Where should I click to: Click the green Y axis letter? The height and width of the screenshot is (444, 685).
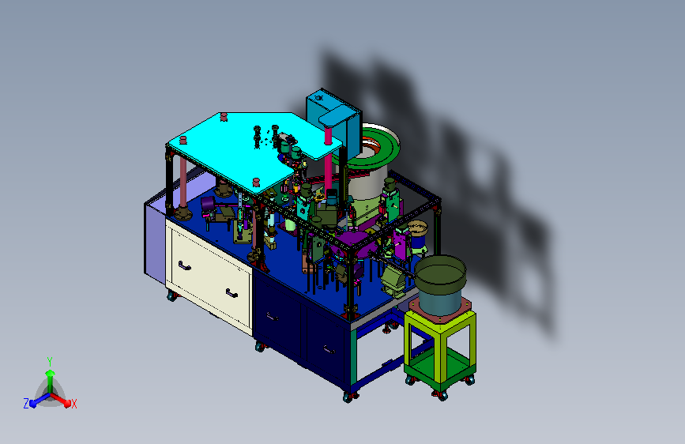(50, 362)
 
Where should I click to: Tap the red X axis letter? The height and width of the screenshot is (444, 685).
(73, 404)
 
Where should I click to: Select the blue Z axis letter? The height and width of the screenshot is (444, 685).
(26, 404)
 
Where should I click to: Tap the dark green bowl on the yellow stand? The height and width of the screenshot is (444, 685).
(440, 275)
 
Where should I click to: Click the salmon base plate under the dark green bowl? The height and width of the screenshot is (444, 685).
(440, 309)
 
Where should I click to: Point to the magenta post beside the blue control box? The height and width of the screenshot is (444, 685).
(328, 162)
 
